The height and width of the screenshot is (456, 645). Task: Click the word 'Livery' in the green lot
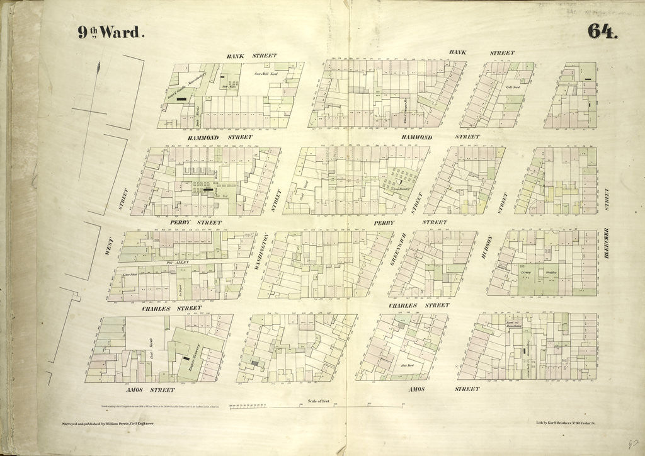(x=527, y=273)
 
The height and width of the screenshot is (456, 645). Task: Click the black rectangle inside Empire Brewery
(x=187, y=358)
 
